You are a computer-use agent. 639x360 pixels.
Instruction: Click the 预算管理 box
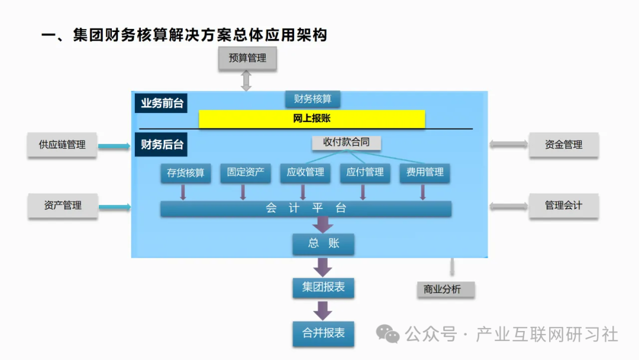point(247,58)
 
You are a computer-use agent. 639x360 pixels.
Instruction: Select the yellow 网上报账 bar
point(312,119)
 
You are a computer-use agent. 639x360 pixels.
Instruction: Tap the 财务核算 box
point(312,99)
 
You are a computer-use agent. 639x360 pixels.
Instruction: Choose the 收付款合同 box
point(346,143)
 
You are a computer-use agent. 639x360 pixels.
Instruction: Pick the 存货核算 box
point(185,173)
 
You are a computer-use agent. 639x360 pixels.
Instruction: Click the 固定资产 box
point(245,173)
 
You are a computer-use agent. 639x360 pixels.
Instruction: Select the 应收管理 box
point(305,173)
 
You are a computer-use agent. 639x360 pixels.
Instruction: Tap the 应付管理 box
point(365,173)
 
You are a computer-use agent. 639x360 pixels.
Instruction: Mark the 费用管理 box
point(425,173)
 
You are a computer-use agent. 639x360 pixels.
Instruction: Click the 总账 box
point(323,243)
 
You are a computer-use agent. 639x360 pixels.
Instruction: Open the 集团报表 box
point(323,288)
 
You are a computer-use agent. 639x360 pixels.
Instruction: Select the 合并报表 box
point(323,333)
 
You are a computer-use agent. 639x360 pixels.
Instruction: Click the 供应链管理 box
point(62,144)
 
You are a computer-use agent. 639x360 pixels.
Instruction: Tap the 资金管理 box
point(563,144)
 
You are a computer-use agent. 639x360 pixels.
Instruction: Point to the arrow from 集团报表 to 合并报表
point(323,310)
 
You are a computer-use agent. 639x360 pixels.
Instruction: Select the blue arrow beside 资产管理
point(114,207)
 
